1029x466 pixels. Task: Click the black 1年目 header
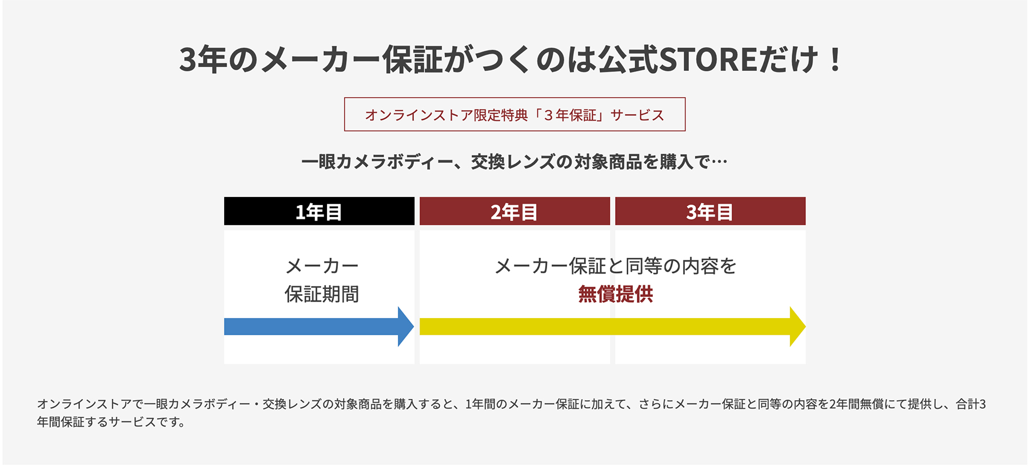[x=319, y=211]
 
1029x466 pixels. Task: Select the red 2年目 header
[x=514, y=211]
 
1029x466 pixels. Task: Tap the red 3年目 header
[x=710, y=211]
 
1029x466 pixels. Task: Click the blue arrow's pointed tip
[x=413, y=327]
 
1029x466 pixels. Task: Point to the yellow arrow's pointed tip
[x=805, y=327]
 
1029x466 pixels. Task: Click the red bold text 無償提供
[x=616, y=294]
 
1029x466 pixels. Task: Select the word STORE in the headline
[x=708, y=59]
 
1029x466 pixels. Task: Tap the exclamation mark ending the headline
[x=835, y=59]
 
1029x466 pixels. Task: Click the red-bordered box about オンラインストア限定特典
[x=514, y=114]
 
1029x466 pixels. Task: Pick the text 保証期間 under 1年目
[x=322, y=294]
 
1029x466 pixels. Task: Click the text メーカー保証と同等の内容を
[x=616, y=266]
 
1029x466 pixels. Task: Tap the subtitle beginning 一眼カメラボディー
[x=514, y=162]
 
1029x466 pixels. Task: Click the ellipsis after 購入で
[x=719, y=163]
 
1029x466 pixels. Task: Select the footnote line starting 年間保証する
[x=111, y=422]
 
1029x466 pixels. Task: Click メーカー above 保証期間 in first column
[x=322, y=266]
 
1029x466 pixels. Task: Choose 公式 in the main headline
[x=628, y=59]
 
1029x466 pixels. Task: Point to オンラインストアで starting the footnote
[x=90, y=404]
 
